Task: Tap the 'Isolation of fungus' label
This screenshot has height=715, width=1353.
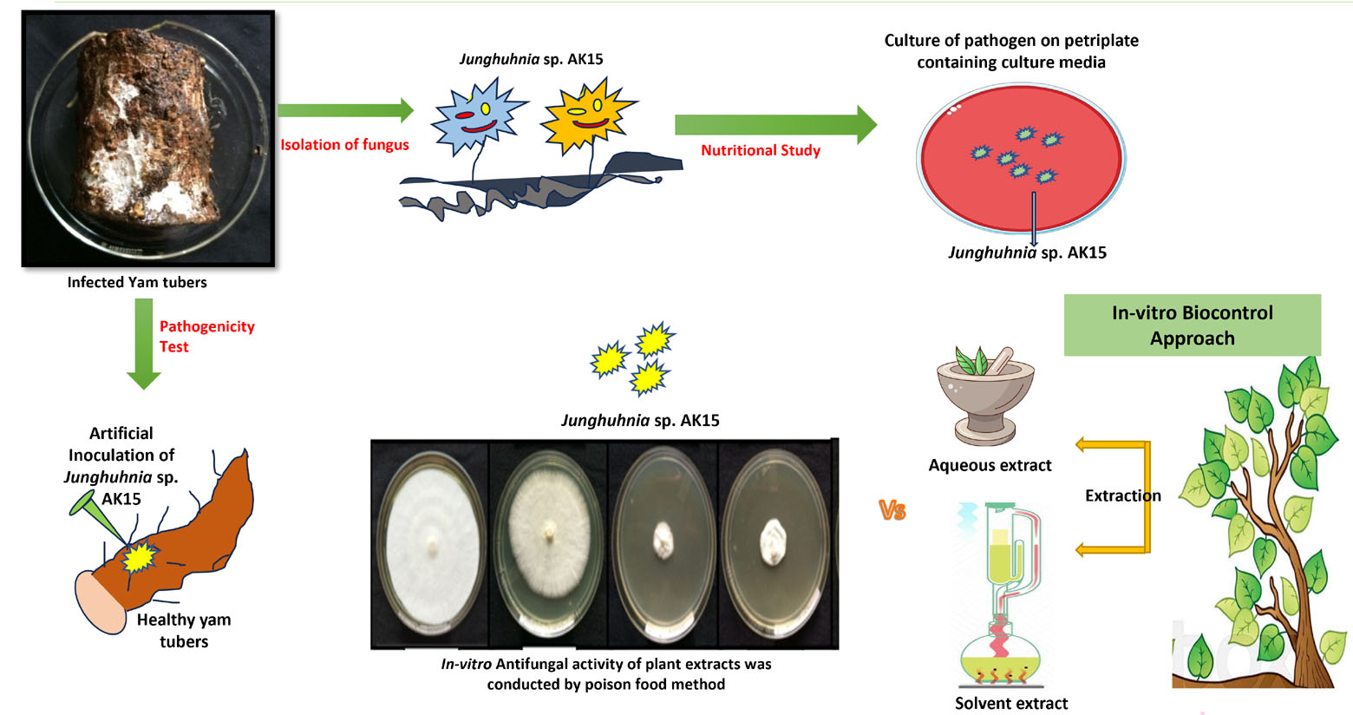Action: click(344, 145)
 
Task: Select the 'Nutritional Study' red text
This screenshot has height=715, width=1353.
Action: click(760, 150)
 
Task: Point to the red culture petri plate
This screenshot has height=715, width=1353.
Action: click(1021, 158)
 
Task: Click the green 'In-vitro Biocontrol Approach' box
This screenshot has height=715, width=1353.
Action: click(1192, 325)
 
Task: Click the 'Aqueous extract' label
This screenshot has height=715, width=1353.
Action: click(990, 465)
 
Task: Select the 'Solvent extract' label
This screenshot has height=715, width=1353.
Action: click(1011, 703)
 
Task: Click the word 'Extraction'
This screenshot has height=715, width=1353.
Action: click(1122, 495)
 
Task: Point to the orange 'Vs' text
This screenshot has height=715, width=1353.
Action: click(892, 510)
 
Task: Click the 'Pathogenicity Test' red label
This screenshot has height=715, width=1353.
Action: click(206, 336)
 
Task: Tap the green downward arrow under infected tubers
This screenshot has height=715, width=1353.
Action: click(144, 344)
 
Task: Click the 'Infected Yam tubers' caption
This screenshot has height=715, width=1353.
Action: click(137, 282)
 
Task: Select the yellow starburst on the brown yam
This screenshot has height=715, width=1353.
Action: click(139, 557)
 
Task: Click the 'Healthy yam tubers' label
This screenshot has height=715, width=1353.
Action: click(184, 630)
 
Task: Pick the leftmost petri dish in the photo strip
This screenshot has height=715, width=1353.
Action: click(430, 544)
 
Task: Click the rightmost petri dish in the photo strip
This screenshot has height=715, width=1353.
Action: click(774, 544)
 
